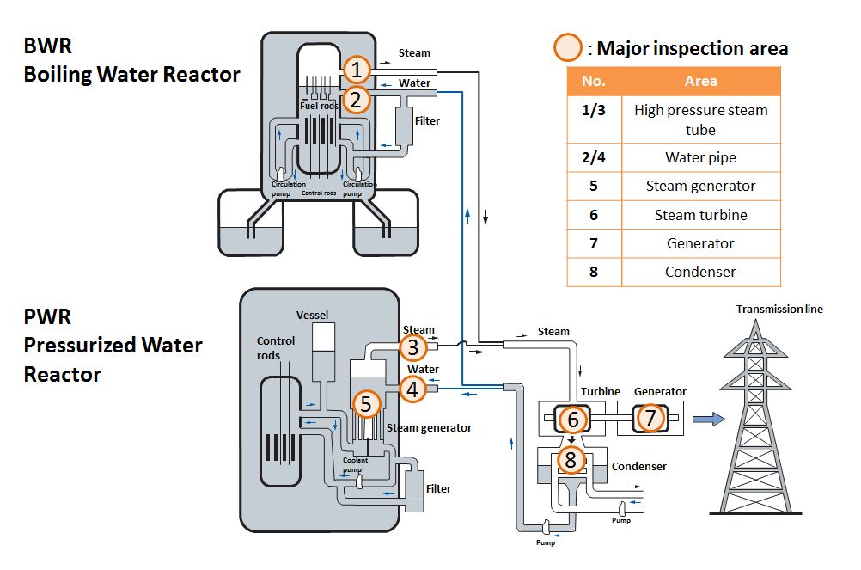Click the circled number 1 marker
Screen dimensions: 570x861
(358, 70)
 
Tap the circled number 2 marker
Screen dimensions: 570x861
(358, 100)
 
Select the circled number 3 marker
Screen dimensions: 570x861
(413, 348)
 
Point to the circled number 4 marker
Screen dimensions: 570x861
(413, 389)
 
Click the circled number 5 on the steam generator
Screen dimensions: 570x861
(367, 403)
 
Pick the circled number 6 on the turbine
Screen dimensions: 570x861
(572, 419)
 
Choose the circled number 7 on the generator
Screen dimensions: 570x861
(650, 419)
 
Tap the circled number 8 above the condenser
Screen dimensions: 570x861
(571, 459)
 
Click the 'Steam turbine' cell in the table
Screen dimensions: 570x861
(700, 215)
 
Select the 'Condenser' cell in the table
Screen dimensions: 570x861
(700, 272)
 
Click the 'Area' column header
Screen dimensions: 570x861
(700, 81)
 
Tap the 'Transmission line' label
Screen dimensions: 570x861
(779, 309)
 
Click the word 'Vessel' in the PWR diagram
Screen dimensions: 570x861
(313, 315)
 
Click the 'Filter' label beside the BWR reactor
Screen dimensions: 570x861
(427, 121)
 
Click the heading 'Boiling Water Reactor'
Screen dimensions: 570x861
(131, 74)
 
